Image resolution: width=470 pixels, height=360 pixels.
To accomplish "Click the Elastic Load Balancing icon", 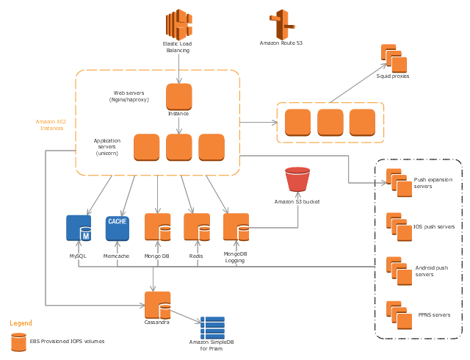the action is [x=179, y=24].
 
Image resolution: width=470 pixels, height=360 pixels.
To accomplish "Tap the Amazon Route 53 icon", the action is [x=282, y=24].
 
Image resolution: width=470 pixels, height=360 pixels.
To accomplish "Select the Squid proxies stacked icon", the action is [x=394, y=59].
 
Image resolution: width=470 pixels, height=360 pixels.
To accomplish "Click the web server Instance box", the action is [x=179, y=96].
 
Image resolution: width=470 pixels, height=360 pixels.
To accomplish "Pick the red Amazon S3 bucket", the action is [x=297, y=179].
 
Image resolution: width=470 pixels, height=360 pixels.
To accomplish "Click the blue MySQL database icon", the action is [x=79, y=228].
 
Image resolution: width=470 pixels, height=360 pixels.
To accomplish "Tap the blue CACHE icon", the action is [x=117, y=228].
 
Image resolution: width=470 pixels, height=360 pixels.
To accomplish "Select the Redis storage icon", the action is [x=197, y=227].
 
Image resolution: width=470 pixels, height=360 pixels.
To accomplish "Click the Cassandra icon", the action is [x=158, y=305].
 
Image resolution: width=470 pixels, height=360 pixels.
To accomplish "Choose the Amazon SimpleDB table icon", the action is [x=212, y=328].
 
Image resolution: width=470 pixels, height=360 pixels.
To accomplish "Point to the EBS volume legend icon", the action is [x=18, y=342].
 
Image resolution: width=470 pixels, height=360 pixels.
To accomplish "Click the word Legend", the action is [x=21, y=323].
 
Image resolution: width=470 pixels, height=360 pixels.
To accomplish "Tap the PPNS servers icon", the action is [x=399, y=315].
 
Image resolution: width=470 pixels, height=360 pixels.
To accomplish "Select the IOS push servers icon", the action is [x=399, y=227].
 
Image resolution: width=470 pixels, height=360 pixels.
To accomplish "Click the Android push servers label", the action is [x=432, y=271].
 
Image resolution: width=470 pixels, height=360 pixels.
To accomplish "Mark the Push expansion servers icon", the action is [x=399, y=183].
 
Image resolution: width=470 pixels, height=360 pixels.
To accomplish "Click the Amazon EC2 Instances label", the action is [x=51, y=125].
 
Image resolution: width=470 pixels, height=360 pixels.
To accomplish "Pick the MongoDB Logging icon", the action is [x=236, y=227].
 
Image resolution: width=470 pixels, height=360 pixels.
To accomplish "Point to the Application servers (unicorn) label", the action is [x=107, y=147].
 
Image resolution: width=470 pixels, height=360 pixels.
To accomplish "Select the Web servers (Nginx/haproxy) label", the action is [x=129, y=96].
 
